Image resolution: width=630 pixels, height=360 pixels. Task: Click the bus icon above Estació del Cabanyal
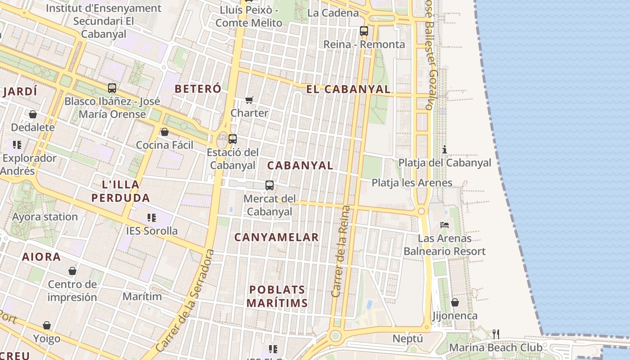232,139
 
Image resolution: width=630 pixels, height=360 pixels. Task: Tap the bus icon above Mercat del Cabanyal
269,185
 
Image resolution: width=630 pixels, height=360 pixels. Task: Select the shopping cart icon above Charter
249,99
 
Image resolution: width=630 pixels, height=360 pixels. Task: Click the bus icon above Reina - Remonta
364,31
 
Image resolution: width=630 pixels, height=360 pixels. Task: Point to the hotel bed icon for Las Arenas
445,225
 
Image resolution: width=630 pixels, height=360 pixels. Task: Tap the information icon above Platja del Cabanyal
445,149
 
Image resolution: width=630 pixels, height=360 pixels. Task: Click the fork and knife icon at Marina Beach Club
495,334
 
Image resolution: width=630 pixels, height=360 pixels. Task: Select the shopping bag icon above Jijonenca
455,302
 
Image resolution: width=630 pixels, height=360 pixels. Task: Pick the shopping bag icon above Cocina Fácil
165,132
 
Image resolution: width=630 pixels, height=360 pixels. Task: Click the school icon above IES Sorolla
152,218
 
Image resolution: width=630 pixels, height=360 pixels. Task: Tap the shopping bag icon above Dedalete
33,114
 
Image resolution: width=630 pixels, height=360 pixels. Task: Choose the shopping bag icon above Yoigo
47,325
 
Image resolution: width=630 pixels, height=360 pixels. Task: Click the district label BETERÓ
198,89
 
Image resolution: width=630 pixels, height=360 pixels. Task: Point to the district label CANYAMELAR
276,237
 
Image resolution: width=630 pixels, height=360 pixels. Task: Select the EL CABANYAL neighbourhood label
348,89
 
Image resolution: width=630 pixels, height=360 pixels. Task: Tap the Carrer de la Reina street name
340,251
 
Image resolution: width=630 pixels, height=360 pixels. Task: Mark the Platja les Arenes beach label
412,183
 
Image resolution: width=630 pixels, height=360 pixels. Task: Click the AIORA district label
41,257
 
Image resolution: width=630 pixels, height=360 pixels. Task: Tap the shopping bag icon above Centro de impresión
72,271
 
